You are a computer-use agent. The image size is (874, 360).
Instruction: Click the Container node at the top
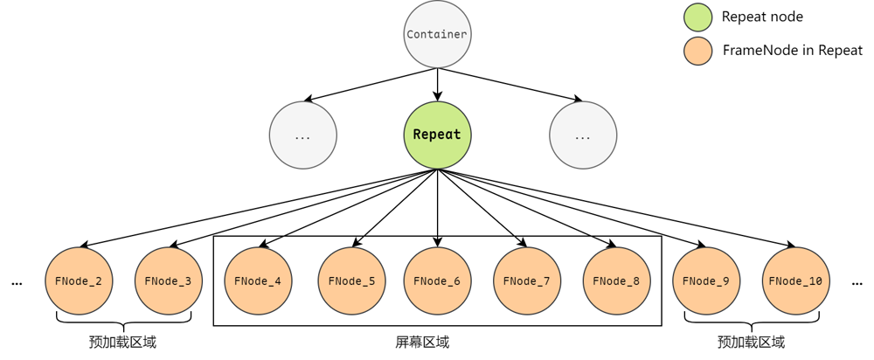click(x=437, y=35)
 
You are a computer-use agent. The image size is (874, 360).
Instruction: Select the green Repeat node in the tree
click(x=437, y=135)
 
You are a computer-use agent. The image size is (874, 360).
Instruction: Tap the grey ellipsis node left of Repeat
click(x=303, y=135)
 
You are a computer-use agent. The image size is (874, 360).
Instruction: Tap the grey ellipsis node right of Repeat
click(x=583, y=135)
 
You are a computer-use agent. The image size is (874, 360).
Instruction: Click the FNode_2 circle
click(x=79, y=281)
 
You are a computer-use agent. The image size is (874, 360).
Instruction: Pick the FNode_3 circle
click(x=169, y=281)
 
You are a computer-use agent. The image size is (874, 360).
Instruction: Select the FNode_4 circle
click(x=259, y=281)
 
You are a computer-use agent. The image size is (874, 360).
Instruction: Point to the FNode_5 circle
click(x=351, y=281)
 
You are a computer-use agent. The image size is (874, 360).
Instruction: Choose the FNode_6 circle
click(x=437, y=281)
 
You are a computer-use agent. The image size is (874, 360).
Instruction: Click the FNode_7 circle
click(x=527, y=281)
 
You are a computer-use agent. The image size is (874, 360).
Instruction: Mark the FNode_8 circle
click(x=616, y=281)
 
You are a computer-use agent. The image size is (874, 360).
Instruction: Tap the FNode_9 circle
click(x=706, y=281)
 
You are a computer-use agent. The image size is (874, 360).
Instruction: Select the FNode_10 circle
click(x=795, y=281)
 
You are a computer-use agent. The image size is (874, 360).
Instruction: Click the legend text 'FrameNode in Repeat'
click(x=792, y=51)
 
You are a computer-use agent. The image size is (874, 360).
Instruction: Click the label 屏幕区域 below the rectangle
click(x=422, y=342)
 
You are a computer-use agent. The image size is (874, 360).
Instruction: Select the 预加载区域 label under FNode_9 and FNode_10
click(x=751, y=342)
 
